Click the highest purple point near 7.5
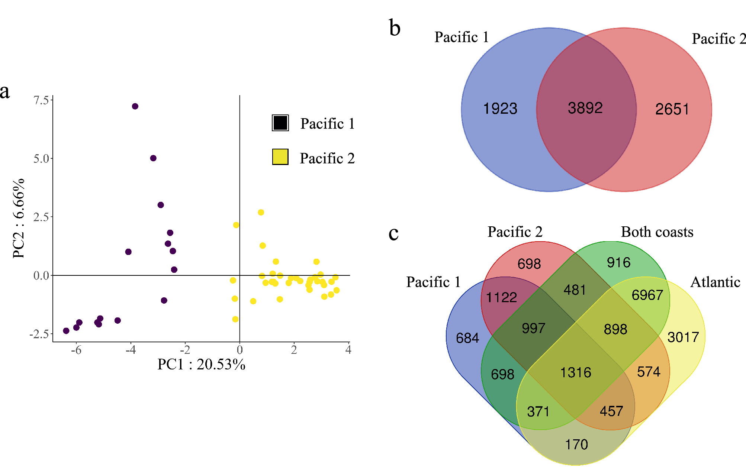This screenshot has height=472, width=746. [135, 106]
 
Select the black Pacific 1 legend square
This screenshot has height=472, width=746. [280, 123]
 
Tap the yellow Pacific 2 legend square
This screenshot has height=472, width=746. [280, 157]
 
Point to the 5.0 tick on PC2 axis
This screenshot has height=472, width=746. [41, 159]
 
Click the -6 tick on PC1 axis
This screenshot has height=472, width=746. [76, 350]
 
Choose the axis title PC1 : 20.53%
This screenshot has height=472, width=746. [201, 364]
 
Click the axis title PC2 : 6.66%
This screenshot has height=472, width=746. [19, 219]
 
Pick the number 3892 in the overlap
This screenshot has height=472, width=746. [585, 108]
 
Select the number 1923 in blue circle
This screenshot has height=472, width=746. [500, 109]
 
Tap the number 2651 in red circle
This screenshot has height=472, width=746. [672, 109]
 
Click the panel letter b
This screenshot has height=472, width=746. [395, 28]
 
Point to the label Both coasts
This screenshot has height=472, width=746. [657, 232]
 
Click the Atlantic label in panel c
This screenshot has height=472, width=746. [715, 282]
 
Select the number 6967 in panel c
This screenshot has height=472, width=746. [647, 295]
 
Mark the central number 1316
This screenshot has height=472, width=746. [576, 372]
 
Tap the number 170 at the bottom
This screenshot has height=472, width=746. [576, 444]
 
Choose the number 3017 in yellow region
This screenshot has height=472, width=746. [683, 337]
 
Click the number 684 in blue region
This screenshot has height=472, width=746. [467, 338]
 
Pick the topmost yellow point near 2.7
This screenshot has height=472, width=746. [261, 212]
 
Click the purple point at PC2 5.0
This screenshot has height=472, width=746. [153, 158]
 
